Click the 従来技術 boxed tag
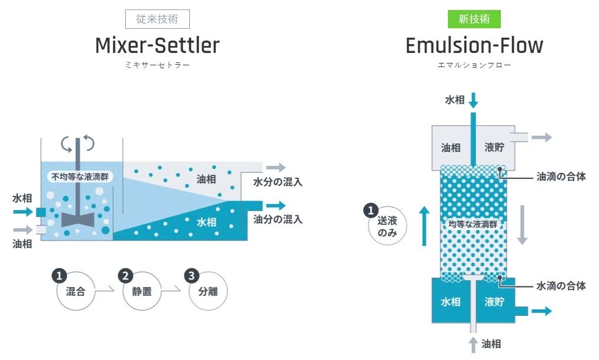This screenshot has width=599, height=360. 157,19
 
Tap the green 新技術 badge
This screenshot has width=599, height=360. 474,19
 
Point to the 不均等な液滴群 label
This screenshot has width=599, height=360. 80,176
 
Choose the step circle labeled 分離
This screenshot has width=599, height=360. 208,290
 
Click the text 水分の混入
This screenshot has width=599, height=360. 277,182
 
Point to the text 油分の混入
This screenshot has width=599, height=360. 277,219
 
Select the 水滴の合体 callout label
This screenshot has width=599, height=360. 561,286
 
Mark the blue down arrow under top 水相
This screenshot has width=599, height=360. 473,101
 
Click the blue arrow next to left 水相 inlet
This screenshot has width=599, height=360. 24,211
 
